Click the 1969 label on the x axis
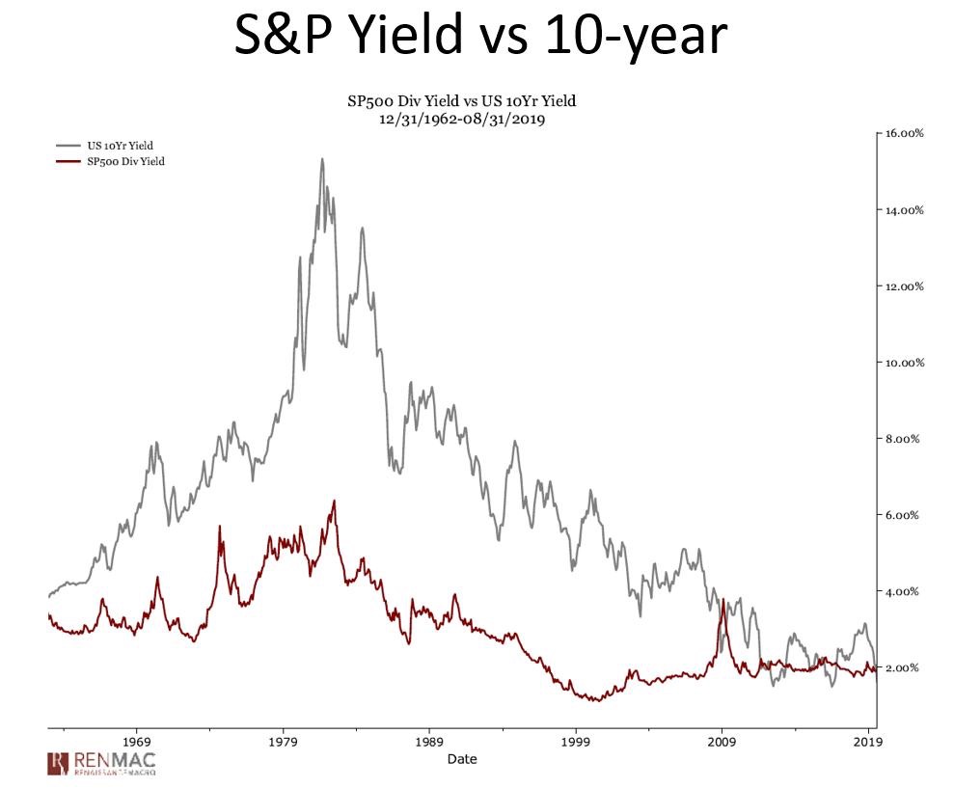point(136,743)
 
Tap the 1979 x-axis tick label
point(283,743)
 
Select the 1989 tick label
point(429,743)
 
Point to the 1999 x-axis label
point(576,743)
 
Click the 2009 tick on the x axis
point(722,743)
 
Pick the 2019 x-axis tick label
point(868,743)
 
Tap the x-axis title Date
point(461,759)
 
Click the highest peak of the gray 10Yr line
point(321,159)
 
